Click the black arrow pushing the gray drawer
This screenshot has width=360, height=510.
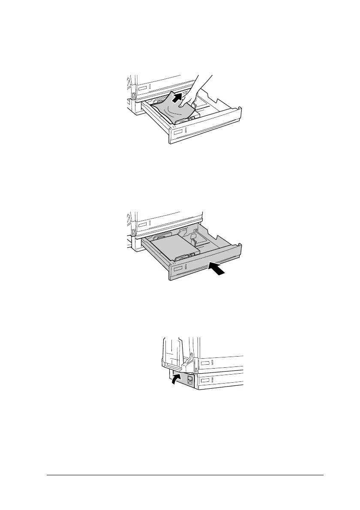(218, 269)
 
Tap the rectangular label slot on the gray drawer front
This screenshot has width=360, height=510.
(178, 269)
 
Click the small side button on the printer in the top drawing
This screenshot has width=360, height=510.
(133, 97)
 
